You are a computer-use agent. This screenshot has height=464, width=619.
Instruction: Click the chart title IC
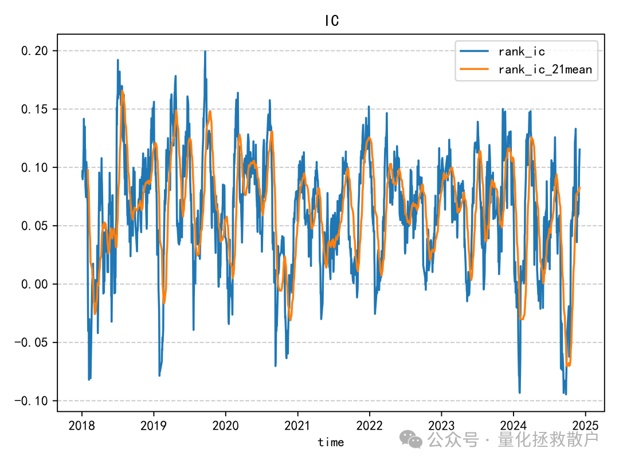tap(331, 21)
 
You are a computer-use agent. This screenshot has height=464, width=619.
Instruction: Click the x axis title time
tap(331, 442)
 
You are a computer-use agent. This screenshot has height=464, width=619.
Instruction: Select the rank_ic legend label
tap(521, 52)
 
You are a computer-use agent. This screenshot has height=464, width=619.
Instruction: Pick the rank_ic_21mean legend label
tap(544, 70)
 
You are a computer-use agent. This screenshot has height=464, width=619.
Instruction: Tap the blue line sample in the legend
tap(474, 52)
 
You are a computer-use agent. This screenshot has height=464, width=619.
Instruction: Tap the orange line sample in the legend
tap(474, 70)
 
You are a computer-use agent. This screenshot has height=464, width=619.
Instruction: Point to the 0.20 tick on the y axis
tap(36, 51)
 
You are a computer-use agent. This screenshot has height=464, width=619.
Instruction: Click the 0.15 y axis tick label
tap(36, 109)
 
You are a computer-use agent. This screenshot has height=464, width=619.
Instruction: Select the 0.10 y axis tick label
tap(36, 168)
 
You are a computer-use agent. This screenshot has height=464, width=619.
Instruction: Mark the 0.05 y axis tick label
tap(36, 226)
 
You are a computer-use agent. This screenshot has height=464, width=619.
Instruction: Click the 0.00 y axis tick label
tap(36, 285)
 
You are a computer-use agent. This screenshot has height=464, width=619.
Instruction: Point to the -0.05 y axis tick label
tap(32, 343)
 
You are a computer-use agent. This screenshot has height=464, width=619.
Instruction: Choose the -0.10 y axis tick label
tap(32, 401)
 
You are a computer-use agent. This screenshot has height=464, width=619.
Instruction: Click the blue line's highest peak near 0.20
tap(205, 52)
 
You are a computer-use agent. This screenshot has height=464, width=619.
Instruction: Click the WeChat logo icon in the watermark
tap(412, 439)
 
